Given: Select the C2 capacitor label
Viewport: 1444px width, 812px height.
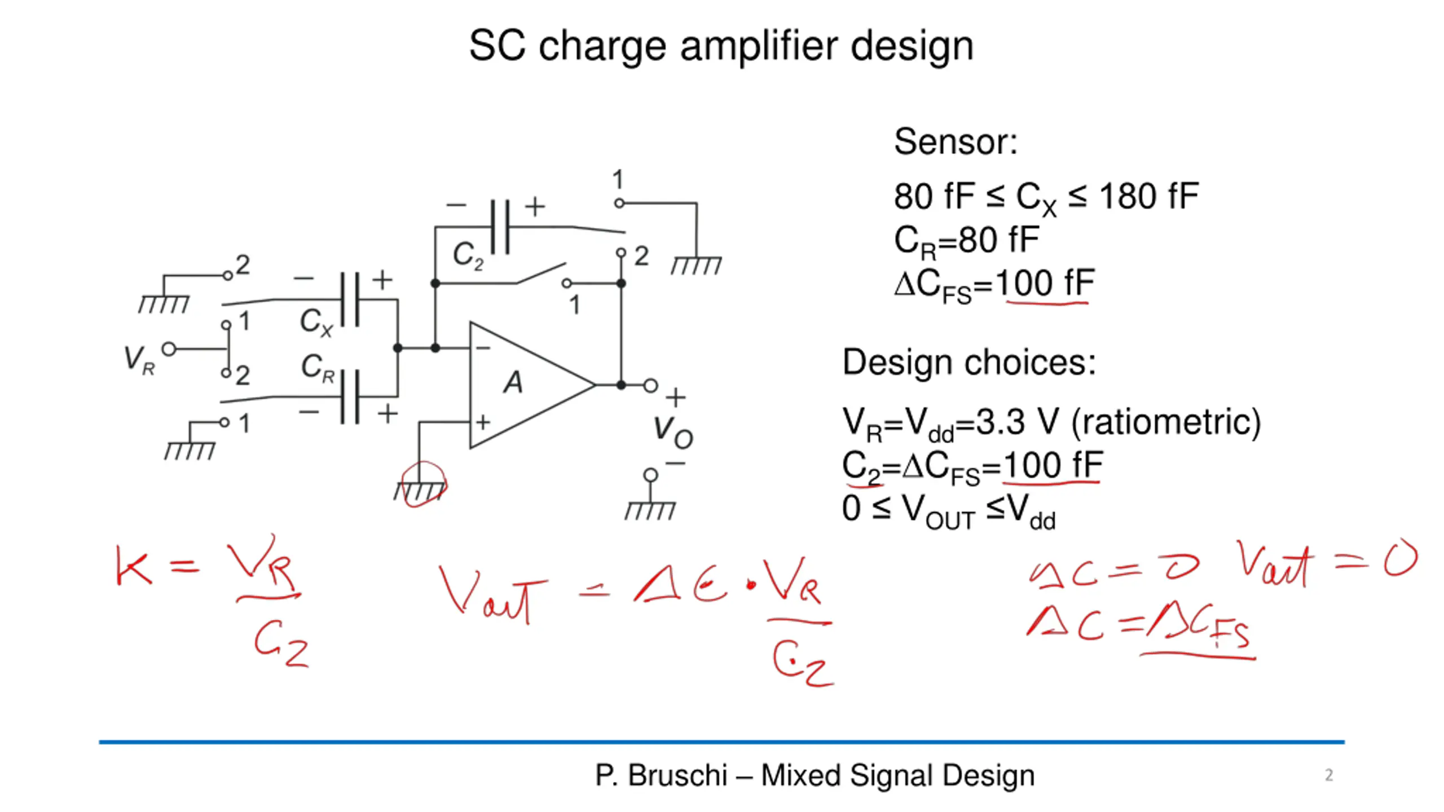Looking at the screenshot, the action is (468, 256).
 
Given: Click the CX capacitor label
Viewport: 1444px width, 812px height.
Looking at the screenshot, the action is (316, 323).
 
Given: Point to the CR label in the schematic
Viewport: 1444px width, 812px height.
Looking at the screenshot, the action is (318, 368).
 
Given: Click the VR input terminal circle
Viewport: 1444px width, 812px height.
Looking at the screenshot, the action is (169, 349).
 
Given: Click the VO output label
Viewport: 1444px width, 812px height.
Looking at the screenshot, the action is (673, 433).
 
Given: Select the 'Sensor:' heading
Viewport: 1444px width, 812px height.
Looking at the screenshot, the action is (956, 142).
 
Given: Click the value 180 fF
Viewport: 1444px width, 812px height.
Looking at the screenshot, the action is (1149, 197).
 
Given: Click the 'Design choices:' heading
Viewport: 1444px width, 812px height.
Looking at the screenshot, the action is (969, 362).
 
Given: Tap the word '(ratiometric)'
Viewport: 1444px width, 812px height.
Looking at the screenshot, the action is (1165, 422).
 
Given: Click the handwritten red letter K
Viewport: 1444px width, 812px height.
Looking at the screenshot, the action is (134, 565).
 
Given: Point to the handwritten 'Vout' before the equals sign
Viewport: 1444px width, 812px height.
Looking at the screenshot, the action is (493, 595).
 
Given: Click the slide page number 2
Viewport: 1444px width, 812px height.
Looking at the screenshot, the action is (1329, 775).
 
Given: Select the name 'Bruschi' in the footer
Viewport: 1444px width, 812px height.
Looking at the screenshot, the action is (677, 775).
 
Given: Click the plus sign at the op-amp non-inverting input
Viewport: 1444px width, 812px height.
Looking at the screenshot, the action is (483, 422).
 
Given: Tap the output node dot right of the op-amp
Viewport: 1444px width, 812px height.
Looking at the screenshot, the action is (621, 385).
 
